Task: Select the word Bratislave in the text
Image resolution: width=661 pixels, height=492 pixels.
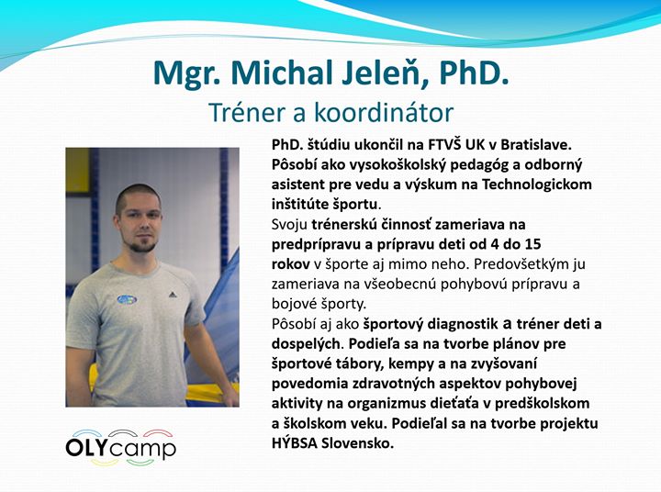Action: [535, 145]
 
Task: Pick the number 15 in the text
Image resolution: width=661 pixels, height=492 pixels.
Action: [533, 244]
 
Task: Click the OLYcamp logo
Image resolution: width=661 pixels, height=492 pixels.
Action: [120, 448]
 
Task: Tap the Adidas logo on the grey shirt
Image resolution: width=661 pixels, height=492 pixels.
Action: [172, 294]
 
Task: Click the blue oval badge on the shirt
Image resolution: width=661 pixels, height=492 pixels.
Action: [127, 299]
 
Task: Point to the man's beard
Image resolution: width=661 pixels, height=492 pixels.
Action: [142, 245]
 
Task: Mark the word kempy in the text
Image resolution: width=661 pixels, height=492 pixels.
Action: [412, 363]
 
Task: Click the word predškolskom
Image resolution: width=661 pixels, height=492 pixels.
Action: [542, 404]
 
